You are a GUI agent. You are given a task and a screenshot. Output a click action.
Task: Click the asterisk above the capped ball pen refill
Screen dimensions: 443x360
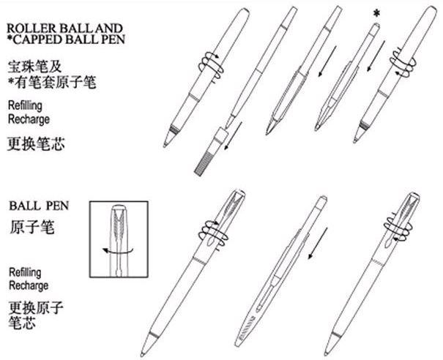[x=376, y=13]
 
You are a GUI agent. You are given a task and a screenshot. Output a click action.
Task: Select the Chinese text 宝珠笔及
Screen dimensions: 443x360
[x=34, y=67]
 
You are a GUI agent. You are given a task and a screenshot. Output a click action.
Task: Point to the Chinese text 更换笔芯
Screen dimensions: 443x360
[x=36, y=143]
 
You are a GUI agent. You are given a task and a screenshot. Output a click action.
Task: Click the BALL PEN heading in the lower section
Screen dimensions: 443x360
[x=39, y=206]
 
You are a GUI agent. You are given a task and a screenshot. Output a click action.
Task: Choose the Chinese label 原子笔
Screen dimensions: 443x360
[x=31, y=227]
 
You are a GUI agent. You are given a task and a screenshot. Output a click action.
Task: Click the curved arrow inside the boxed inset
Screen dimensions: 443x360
[x=118, y=251]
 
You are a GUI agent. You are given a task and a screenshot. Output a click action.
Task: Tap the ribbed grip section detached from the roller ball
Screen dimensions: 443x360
[x=210, y=151]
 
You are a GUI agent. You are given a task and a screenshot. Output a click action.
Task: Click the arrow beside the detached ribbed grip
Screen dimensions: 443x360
[x=234, y=135]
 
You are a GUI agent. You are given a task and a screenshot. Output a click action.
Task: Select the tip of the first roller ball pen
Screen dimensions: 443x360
[x=165, y=145]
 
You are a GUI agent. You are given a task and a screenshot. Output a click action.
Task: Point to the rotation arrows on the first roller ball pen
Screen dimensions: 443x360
[x=211, y=67]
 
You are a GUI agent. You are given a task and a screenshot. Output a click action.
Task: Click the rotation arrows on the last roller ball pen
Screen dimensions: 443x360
[x=403, y=62]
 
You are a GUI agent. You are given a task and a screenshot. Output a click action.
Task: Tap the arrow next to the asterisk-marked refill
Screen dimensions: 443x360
[x=376, y=56]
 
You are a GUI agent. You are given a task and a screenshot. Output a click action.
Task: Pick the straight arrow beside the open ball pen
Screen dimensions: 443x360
[x=318, y=244]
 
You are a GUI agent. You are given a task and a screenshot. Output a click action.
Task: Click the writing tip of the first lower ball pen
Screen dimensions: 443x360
[x=142, y=354]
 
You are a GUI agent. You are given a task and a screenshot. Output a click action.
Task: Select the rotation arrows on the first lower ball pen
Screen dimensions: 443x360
[x=213, y=235]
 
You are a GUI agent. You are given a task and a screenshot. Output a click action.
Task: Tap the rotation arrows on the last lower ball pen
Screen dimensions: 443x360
[x=397, y=228]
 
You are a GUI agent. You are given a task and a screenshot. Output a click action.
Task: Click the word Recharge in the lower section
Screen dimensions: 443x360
[x=29, y=285]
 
